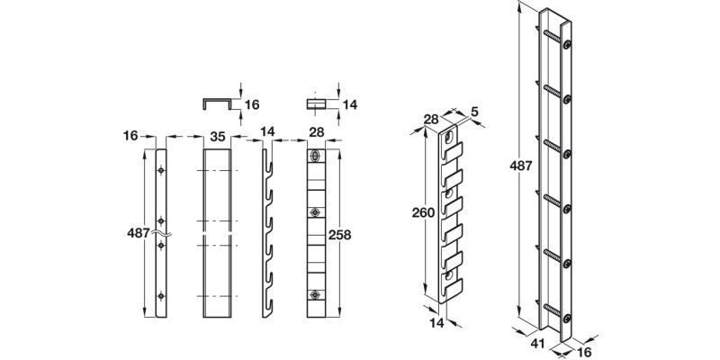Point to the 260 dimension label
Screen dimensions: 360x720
423,213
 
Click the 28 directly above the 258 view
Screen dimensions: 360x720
316,132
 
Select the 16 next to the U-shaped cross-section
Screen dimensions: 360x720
252,103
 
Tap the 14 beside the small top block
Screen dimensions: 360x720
351,103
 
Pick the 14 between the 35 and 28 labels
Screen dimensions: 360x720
266,132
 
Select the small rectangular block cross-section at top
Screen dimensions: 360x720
316,103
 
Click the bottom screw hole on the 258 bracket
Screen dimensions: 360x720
315,294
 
